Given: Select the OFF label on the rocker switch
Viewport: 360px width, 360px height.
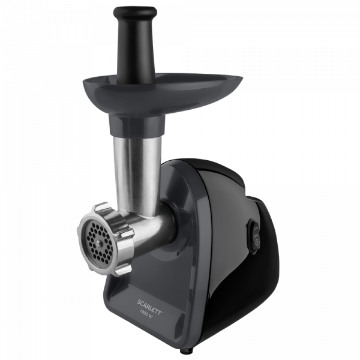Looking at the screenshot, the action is pyautogui.click(x=256, y=236).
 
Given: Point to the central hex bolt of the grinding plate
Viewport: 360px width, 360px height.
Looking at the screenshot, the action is pyautogui.click(x=99, y=243).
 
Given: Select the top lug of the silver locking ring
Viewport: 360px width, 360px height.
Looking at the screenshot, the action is pyautogui.click(x=101, y=208).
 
